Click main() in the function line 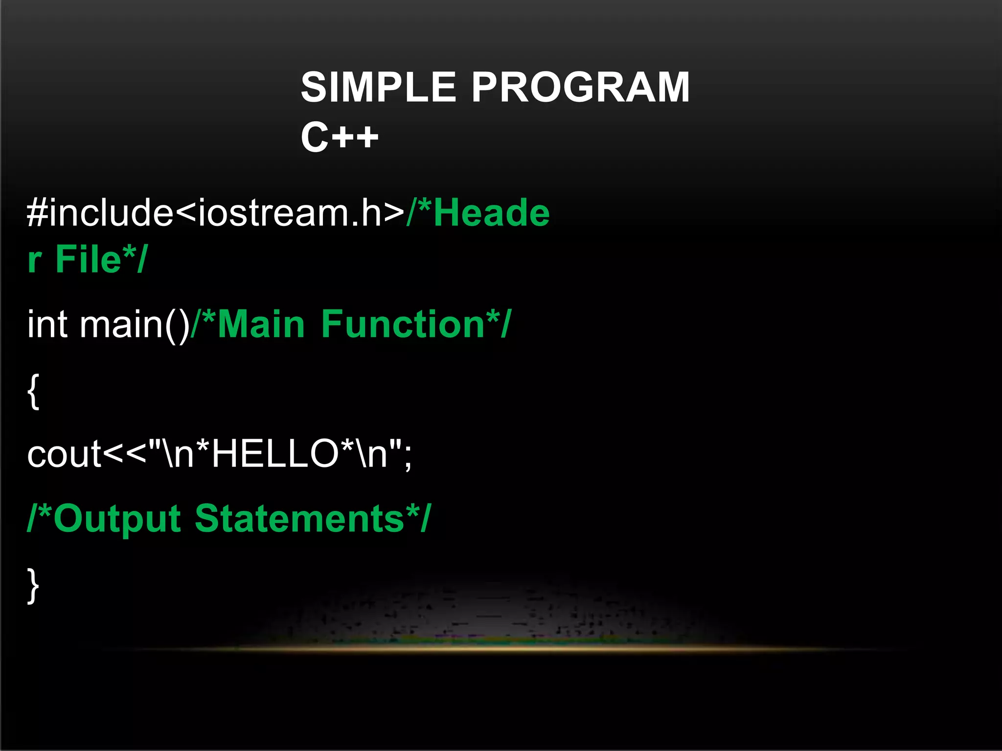coord(135,325)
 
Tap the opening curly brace coord(33,391)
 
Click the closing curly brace coord(33,586)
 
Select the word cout coord(64,454)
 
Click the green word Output coord(117,518)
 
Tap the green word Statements coord(299,518)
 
